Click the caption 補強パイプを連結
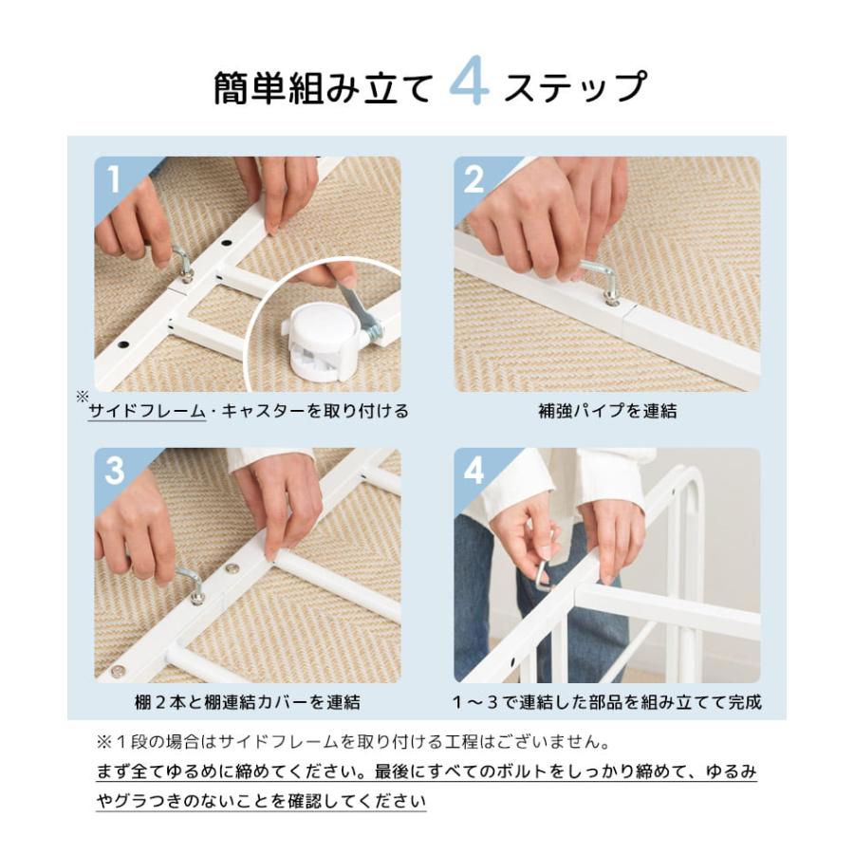coord(606,412)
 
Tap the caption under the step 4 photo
coord(606,703)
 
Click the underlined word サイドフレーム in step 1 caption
coord(147,412)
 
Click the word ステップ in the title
coord(574,87)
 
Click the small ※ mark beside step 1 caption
coord(83,397)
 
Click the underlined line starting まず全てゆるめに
coord(426,770)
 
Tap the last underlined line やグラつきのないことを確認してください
coord(261,801)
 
